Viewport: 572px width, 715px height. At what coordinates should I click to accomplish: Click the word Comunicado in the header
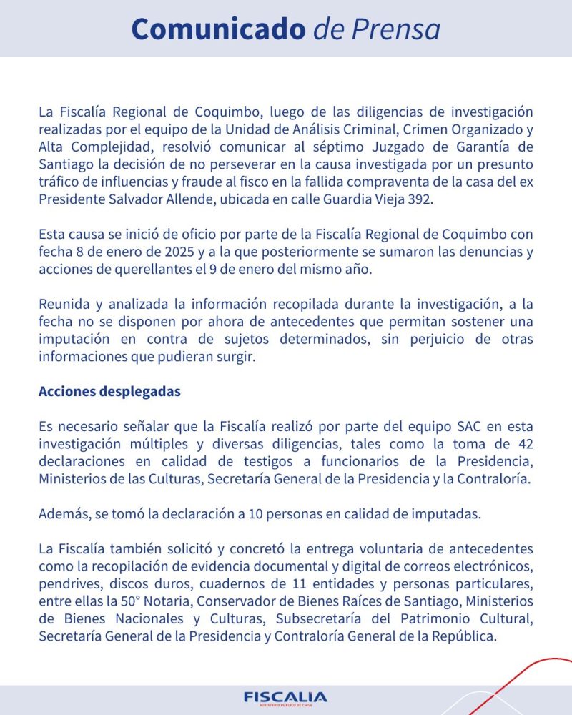[x=219, y=29]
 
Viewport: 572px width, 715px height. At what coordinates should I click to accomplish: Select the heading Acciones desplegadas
[x=109, y=391]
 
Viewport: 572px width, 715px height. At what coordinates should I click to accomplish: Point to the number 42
[x=523, y=444]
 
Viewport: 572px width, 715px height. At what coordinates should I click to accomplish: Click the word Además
[x=63, y=513]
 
